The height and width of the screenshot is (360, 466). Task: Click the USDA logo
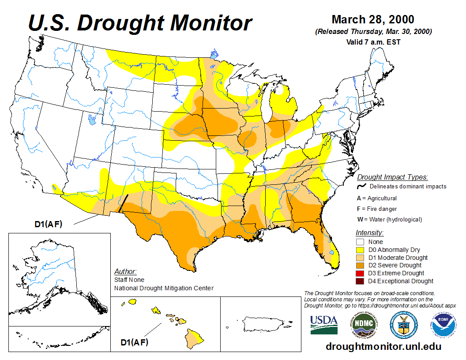(324, 325)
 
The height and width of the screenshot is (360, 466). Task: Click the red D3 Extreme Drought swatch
(361, 273)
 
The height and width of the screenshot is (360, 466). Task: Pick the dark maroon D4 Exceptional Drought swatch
(361, 281)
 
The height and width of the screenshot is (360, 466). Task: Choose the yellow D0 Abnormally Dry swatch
(361, 250)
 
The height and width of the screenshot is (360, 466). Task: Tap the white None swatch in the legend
(361, 242)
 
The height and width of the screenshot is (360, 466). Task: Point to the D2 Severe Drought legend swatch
(361, 265)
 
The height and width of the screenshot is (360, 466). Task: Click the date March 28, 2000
(373, 20)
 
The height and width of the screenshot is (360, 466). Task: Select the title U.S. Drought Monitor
(140, 22)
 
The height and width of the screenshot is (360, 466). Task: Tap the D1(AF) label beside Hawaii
(134, 342)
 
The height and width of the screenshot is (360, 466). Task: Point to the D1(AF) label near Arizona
(49, 224)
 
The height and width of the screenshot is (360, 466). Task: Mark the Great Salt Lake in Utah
(92, 119)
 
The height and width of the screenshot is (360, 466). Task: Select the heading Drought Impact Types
(392, 177)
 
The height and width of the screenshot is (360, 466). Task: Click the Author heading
(125, 271)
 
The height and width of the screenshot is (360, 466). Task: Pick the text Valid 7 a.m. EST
(373, 42)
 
